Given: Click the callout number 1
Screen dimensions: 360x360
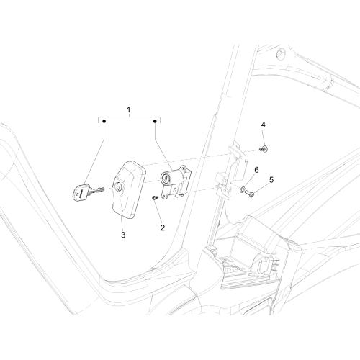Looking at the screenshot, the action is pyautogui.click(x=129, y=110).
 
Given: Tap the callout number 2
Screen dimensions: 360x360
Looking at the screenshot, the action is pyautogui.click(x=163, y=228).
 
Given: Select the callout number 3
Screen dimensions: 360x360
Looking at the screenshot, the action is pyautogui.click(x=123, y=235).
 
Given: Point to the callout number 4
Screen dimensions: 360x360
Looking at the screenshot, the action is pyautogui.click(x=264, y=125).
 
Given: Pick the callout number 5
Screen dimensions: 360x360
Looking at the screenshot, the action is pyautogui.click(x=271, y=180).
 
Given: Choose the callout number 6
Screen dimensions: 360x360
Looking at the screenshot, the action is pyautogui.click(x=256, y=170).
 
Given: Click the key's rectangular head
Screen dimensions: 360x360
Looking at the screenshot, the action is pyautogui.click(x=80, y=192).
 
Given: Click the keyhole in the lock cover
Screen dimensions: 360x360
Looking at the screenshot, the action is pyautogui.click(x=119, y=186).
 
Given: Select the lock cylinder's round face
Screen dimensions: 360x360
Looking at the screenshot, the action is pyautogui.click(x=165, y=179).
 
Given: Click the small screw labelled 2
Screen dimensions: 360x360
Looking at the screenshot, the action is pyautogui.click(x=155, y=197).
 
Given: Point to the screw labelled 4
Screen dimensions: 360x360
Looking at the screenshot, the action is pyautogui.click(x=264, y=149).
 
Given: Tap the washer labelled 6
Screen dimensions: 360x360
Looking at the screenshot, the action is pyautogui.click(x=242, y=190).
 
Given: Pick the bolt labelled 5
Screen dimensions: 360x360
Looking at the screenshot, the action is pyautogui.click(x=249, y=194).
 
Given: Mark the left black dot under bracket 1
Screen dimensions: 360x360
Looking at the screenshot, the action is pyautogui.click(x=104, y=122).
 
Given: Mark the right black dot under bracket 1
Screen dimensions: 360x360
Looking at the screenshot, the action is pyautogui.click(x=155, y=122).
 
